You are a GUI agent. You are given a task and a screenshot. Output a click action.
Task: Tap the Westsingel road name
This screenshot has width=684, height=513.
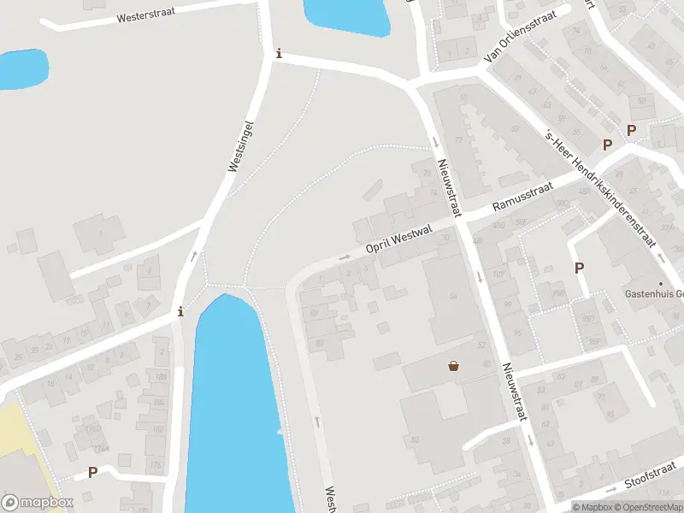[x=242, y=146]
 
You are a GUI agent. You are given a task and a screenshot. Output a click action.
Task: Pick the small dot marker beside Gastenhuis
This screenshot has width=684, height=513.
[x=660, y=283]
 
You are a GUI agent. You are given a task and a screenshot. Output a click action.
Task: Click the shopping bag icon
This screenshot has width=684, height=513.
[x=453, y=366]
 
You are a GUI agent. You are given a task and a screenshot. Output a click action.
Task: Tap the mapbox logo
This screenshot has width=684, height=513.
[x=38, y=502]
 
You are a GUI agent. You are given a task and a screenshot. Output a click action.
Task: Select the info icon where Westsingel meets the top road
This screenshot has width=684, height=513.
[x=278, y=54]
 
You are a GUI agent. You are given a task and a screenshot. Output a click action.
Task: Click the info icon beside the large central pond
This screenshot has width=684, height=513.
[x=180, y=311]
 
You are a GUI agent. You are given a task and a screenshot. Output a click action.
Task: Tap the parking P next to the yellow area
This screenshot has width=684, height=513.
[x=92, y=472]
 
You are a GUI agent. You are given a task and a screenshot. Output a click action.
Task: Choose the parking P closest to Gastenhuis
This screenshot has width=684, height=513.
[x=579, y=268]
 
